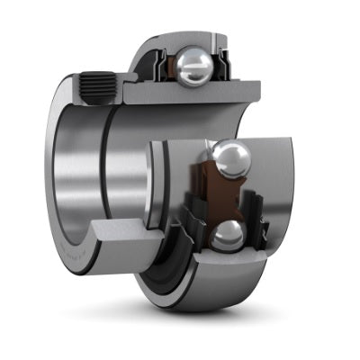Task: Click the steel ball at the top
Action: [194, 64]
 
